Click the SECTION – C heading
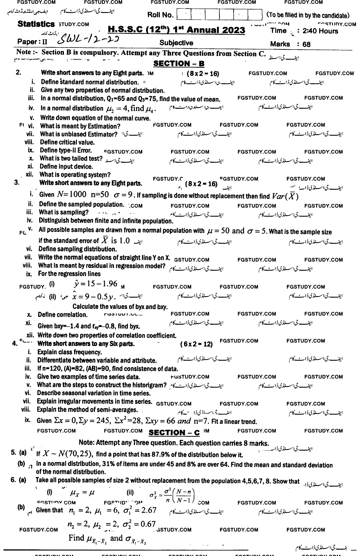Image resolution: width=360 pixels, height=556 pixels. point(175,432)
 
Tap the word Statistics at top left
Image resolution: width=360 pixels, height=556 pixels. point(36,24)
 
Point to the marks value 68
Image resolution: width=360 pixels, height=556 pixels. point(306,44)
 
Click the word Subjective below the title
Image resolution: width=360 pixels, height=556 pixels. point(176,43)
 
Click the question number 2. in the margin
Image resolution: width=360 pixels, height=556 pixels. point(18,72)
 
